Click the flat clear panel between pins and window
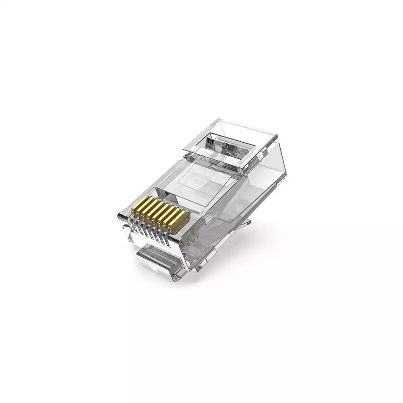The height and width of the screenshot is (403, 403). coord(201,176)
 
